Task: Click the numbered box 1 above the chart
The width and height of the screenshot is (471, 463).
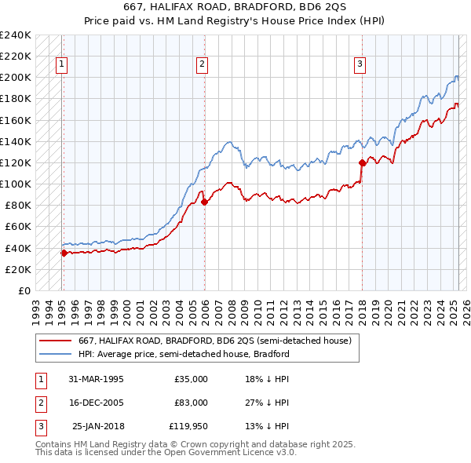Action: tap(61, 65)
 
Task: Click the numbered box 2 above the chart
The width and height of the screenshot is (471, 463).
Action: tap(203, 65)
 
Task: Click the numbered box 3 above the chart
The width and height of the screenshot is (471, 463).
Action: tap(360, 65)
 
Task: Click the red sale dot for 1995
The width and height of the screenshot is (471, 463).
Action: tap(64, 253)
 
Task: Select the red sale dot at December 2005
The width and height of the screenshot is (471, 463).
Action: tap(204, 202)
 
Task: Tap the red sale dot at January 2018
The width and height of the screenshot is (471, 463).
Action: tap(362, 162)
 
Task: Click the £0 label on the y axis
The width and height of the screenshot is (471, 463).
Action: tap(24, 290)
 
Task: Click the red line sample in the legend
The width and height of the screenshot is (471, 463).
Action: tap(56, 341)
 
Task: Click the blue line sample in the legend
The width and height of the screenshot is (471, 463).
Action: tap(56, 354)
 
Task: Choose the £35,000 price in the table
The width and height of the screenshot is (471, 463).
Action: tap(191, 379)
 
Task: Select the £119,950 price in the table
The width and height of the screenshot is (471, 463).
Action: tap(188, 426)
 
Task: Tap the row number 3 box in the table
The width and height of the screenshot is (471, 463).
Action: tap(40, 426)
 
